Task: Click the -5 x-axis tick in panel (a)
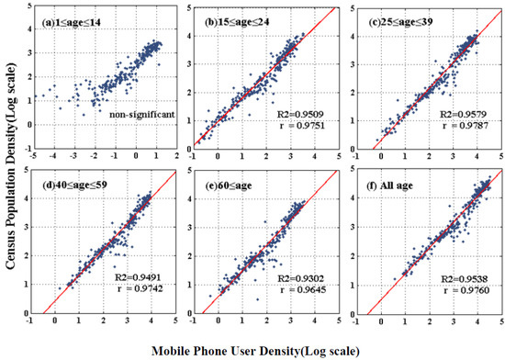point(34,155)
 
